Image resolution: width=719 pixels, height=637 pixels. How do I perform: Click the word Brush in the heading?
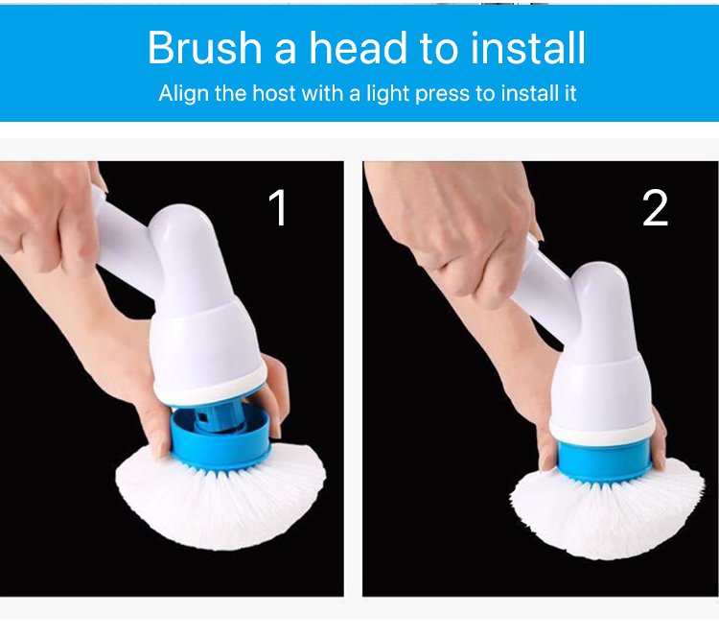[x=204, y=48]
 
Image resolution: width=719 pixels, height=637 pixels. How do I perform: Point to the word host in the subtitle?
[x=274, y=93]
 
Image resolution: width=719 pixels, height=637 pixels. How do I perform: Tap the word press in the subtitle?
[x=443, y=95]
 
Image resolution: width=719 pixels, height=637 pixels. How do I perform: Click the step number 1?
[x=278, y=207]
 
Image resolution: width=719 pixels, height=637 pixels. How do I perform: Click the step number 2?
[x=655, y=208]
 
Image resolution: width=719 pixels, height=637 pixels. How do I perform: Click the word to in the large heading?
[x=438, y=49]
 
